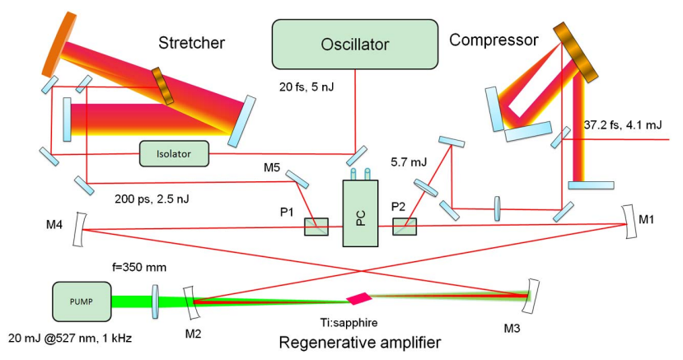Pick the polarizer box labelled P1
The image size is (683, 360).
(316, 227)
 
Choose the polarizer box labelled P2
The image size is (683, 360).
(405, 227)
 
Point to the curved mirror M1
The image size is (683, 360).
(630, 223)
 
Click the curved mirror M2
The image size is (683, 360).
(189, 301)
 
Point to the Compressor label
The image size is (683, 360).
(494, 39)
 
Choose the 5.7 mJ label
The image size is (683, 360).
(409, 164)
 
